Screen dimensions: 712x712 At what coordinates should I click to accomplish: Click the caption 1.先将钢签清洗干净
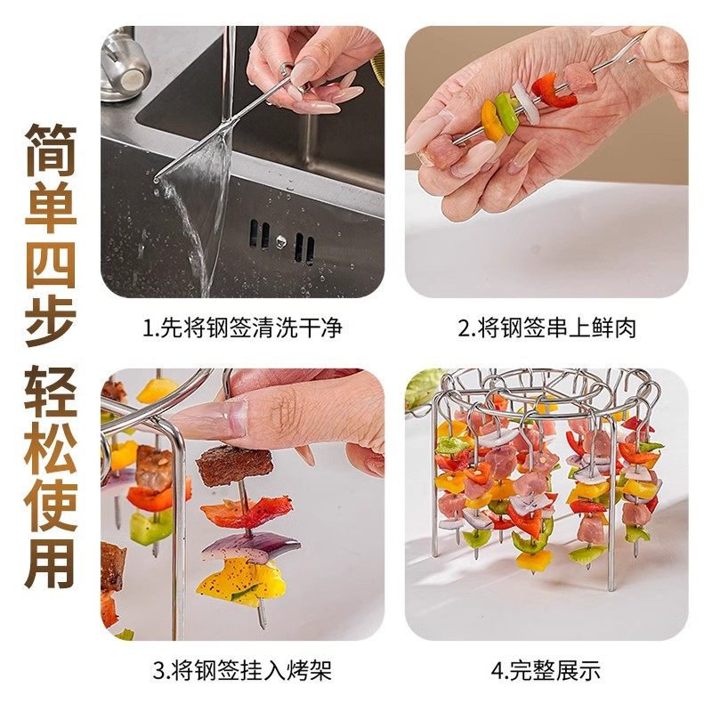point(243,328)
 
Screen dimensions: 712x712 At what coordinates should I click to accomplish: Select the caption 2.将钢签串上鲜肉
point(546,328)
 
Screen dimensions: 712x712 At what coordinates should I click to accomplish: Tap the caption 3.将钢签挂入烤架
point(243,669)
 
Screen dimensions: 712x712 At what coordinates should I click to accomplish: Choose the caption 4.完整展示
point(546,669)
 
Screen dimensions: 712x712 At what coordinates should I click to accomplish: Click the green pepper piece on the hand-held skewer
point(506,113)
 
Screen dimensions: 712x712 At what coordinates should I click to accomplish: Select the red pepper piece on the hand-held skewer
point(546,91)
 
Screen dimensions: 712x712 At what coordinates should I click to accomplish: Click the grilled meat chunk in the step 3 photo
point(233,465)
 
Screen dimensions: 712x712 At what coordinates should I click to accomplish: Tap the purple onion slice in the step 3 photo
point(239,545)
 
